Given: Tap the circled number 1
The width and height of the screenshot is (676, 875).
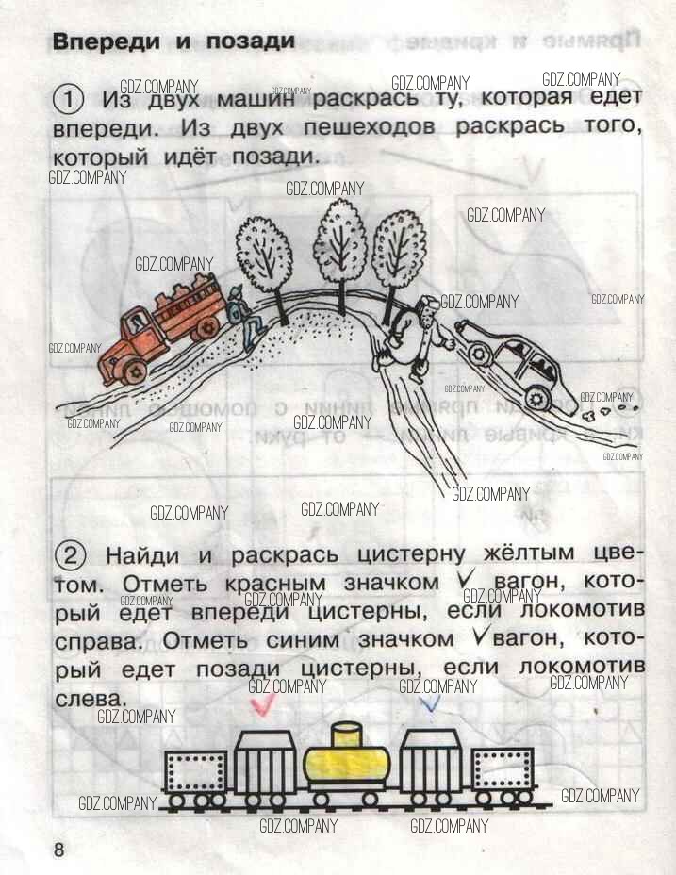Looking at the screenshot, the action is pyautogui.click(x=68, y=100).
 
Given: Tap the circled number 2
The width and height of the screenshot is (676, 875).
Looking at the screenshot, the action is pyautogui.click(x=70, y=556).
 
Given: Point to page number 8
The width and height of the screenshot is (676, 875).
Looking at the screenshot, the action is pyautogui.click(x=58, y=850).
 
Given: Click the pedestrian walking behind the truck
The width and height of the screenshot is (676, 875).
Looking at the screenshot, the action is pyautogui.click(x=246, y=317).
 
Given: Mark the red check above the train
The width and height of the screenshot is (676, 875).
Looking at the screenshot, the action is pyautogui.click(x=262, y=703).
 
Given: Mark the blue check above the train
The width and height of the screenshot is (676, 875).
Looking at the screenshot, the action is pyautogui.click(x=431, y=702).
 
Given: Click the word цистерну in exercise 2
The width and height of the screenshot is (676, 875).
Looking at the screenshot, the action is pyautogui.click(x=411, y=554).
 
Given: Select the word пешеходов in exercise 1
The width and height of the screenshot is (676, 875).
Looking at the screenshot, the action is pyautogui.click(x=369, y=127).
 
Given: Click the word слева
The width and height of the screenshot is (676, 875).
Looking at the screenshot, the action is pyautogui.click(x=90, y=699).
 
